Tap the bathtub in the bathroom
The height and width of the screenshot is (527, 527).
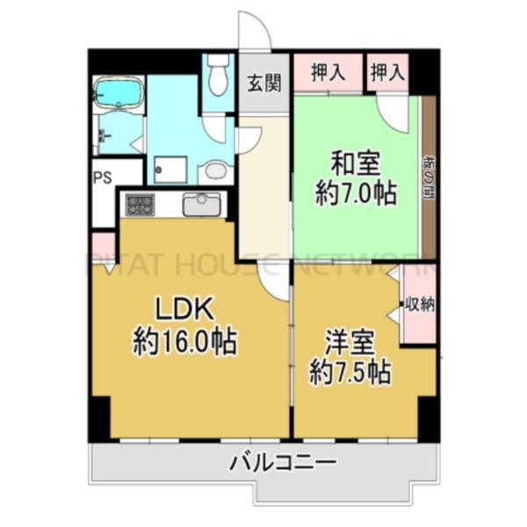click(x=118, y=92)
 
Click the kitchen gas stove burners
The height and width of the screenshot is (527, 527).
click(x=140, y=206)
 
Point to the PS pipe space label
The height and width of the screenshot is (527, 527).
click(x=103, y=174)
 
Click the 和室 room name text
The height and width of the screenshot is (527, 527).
click(x=355, y=164)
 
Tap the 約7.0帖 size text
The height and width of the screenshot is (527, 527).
click(x=355, y=192)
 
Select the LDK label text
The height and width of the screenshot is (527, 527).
click(x=185, y=309)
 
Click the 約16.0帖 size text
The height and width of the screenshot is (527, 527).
click(x=185, y=341)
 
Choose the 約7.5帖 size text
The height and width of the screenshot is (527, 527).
click(x=350, y=372)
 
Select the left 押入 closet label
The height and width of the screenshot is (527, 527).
click(x=326, y=73)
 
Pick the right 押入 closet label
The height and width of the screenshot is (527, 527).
click(x=386, y=73)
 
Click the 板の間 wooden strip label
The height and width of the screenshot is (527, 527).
click(x=429, y=175)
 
